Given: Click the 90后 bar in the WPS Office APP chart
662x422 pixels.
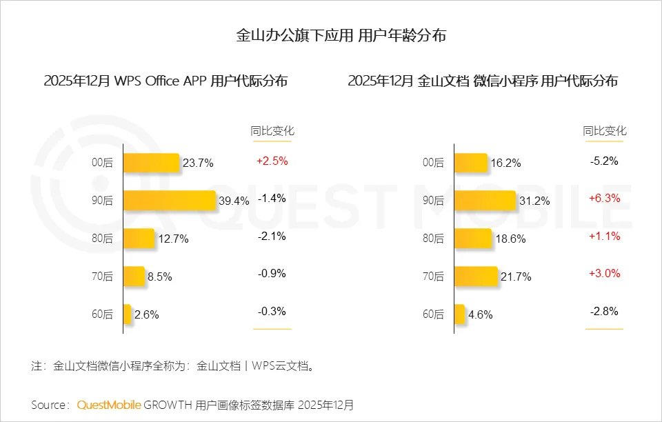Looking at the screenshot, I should [169, 201].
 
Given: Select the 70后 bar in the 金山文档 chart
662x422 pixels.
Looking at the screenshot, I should [476, 277].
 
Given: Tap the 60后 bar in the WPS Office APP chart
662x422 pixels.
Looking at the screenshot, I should [127, 314].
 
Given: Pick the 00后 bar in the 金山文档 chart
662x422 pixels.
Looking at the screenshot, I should [471, 163].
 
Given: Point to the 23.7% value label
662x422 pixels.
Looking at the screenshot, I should [198, 163].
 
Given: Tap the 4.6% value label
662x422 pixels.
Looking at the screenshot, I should [480, 315].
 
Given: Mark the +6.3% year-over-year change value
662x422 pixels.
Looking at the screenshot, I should [605, 199].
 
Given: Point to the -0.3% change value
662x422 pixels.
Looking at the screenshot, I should [272, 312].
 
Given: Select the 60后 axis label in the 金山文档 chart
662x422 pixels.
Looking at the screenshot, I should [433, 314].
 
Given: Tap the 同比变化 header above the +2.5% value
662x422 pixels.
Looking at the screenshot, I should [272, 131].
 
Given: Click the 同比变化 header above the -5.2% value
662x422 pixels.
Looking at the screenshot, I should [605, 131].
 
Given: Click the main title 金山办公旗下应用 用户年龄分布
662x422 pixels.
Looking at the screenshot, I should [331, 36].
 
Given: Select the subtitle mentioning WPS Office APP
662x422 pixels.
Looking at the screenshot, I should [165, 81].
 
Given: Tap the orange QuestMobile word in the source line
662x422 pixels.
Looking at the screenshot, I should [109, 405].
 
